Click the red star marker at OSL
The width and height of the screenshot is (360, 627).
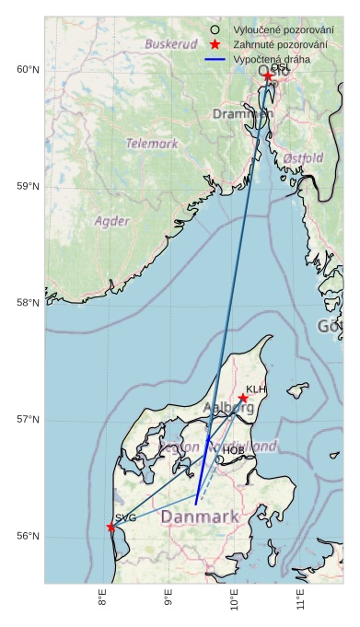pos(268,76)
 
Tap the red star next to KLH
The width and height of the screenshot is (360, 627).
pos(243,399)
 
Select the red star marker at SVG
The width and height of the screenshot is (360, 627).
pos(111,527)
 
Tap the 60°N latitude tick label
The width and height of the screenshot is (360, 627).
pos(28,70)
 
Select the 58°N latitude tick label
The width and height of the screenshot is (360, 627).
pos(28,303)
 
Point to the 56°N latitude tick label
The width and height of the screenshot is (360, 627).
pos(28,537)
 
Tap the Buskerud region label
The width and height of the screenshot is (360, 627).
pos(171,44)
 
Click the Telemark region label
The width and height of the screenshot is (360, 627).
pos(152,144)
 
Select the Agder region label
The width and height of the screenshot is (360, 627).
pos(112,221)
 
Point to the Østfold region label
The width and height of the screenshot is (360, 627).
pos(303,158)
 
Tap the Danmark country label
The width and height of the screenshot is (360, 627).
pos(200,517)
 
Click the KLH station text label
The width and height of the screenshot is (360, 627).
pos(256,389)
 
